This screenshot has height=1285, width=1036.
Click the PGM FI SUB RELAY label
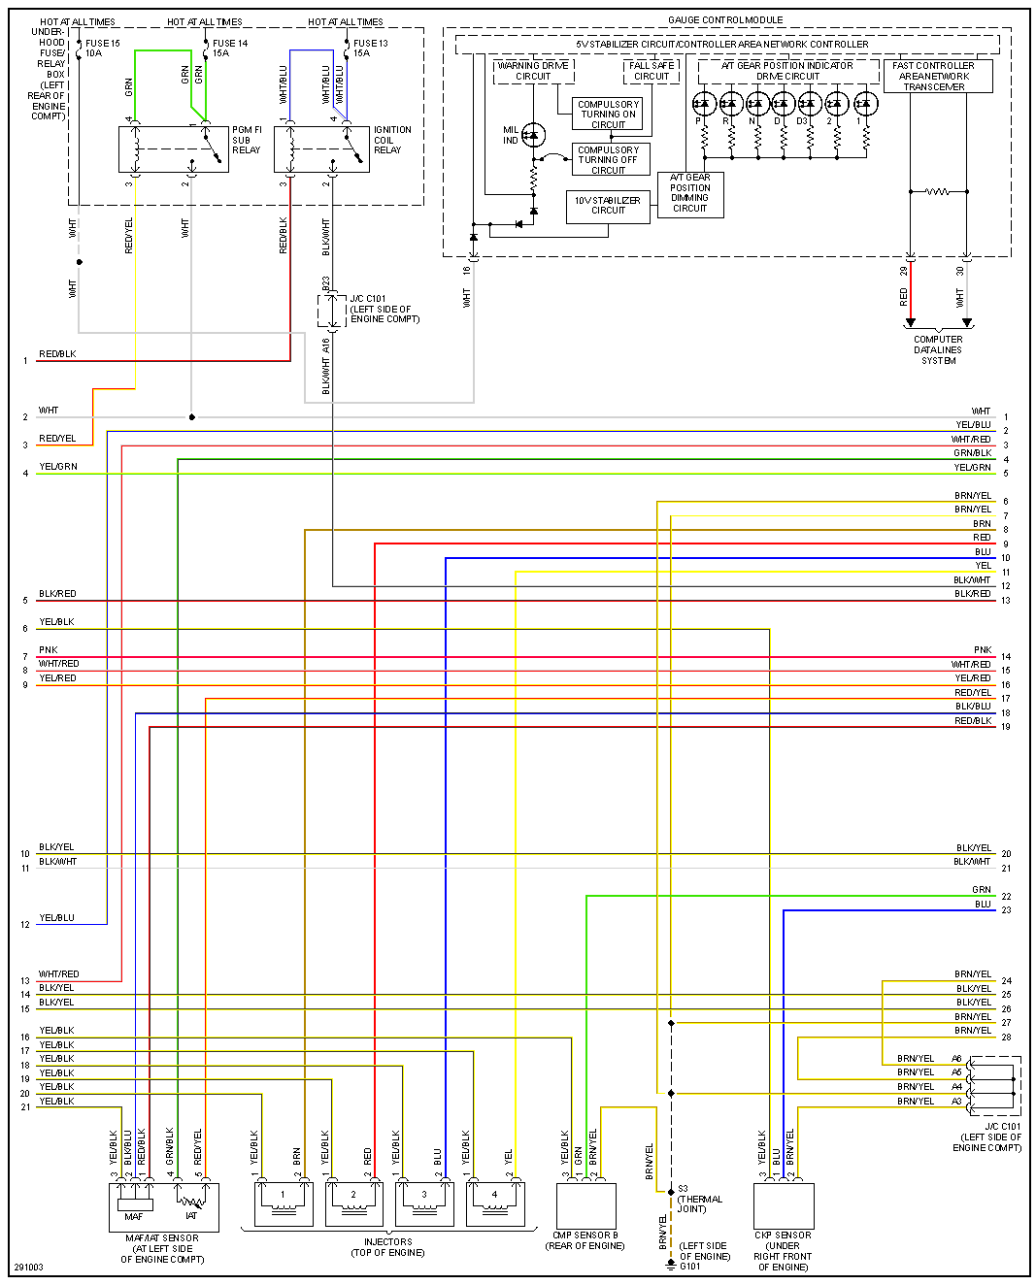[x=247, y=140]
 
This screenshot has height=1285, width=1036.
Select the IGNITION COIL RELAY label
[x=392, y=140]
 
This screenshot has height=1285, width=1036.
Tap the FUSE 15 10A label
[x=102, y=49]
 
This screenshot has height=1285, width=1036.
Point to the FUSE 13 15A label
[x=370, y=49]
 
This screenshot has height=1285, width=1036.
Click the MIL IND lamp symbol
[x=533, y=135]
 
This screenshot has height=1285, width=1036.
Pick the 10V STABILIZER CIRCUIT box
[x=608, y=206]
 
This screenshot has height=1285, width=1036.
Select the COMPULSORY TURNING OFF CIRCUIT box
[x=608, y=160]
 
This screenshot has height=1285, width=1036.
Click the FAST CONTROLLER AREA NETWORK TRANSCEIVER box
[x=934, y=77]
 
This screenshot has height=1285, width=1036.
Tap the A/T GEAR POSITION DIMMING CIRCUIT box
[x=690, y=193]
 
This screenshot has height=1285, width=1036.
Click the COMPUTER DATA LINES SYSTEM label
[x=938, y=350]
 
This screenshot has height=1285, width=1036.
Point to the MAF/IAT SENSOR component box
[x=163, y=1206]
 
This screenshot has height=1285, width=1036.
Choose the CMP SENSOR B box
[x=585, y=1205]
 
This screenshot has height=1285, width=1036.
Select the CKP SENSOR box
[x=784, y=1205]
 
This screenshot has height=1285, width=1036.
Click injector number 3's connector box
[x=424, y=1203]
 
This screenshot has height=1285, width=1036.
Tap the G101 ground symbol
[x=671, y=1263]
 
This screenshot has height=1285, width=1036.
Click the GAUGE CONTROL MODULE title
[x=725, y=20]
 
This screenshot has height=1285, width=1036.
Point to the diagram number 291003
[x=28, y=1268]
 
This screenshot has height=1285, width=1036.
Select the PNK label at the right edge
[x=983, y=650]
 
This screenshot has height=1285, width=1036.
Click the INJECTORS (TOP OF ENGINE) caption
[x=387, y=1247]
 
